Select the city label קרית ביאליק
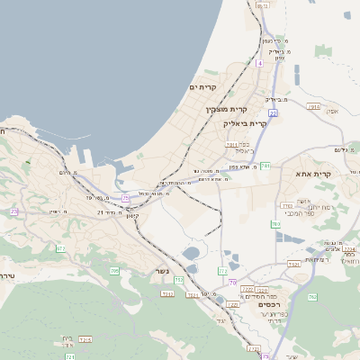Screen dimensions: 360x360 246,124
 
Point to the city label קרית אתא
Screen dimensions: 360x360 313,174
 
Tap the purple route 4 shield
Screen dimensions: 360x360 258,63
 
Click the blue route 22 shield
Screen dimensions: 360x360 273,113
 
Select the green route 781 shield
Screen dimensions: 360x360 265,166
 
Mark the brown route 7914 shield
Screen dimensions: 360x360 312,106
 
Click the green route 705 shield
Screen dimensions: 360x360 114,271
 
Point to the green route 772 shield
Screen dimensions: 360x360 222,271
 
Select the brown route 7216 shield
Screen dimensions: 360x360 85,339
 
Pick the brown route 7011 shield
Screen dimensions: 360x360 231,144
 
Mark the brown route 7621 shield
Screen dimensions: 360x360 293,264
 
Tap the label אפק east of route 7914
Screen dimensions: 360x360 332,111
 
